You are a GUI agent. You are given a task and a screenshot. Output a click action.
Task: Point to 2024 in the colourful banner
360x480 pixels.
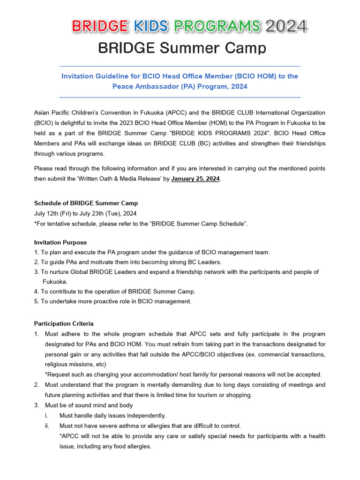tap(286, 26)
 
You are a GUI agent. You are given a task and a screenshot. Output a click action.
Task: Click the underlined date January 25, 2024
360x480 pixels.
tap(195, 179)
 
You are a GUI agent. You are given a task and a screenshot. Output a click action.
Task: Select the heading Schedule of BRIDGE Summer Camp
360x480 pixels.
tap(86, 203)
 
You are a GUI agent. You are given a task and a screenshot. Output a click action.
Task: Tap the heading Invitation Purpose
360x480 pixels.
tap(60, 242)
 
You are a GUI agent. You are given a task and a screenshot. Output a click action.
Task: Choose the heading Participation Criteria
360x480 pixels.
tap(64, 323)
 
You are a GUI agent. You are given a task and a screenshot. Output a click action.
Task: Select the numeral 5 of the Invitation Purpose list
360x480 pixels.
tap(36, 301)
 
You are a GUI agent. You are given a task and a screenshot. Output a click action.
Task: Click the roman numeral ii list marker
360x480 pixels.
tap(47, 426)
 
